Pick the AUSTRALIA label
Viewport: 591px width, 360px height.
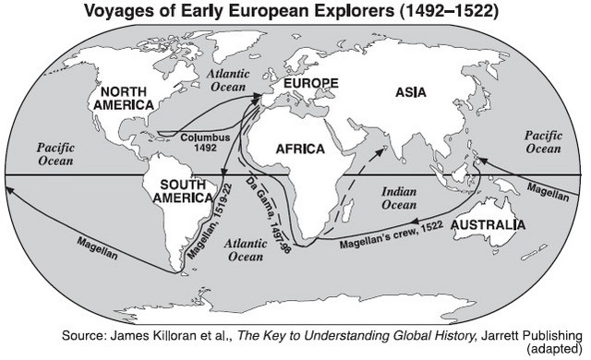pyautogui.click(x=489, y=224)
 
